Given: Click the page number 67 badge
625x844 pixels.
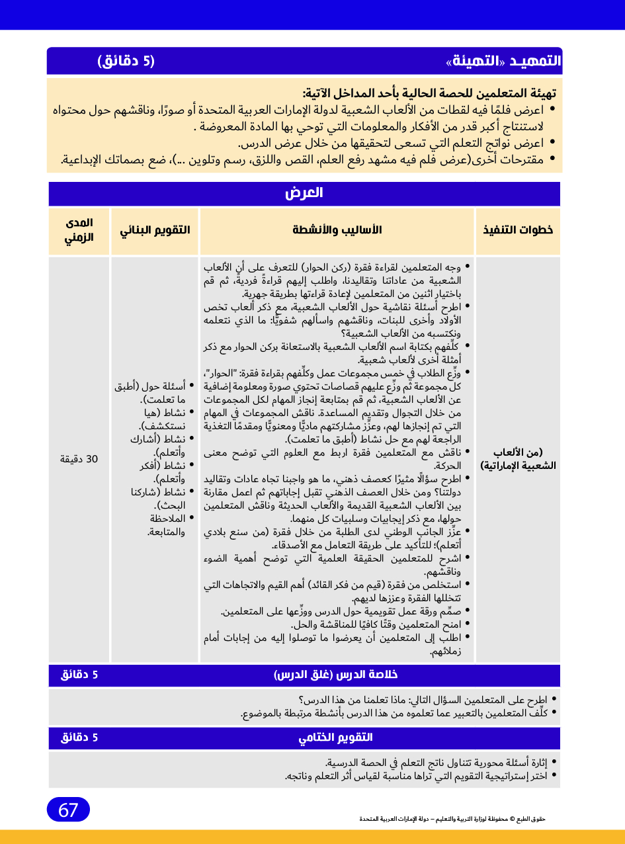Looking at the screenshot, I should tap(68, 810).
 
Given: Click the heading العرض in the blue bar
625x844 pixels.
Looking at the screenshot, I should tap(304, 193).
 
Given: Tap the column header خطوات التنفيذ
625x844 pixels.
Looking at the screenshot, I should tap(518, 230).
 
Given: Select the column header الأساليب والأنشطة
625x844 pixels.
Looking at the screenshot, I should tap(337, 230).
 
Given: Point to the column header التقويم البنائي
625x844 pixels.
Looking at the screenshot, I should tap(155, 230).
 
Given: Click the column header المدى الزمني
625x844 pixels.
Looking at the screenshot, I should tap(79, 230).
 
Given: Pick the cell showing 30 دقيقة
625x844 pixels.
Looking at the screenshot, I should tap(79, 459).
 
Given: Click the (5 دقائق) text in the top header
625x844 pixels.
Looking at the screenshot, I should tap(126, 62).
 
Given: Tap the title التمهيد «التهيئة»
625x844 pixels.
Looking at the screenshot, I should tap(503, 62).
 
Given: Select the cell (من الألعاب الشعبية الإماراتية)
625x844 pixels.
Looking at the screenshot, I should tap(517, 459).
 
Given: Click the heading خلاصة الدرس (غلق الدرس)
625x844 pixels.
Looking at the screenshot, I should tap(336, 675).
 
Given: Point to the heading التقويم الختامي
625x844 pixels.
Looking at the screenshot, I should tap(336, 738).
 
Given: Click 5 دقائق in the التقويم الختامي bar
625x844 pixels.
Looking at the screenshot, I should tap(79, 738).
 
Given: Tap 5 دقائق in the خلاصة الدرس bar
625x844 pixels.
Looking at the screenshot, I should tap(79, 675).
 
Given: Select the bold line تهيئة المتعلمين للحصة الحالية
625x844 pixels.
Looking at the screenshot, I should tap(429, 93).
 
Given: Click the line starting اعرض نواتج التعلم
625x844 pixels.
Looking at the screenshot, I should tap(390, 142).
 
